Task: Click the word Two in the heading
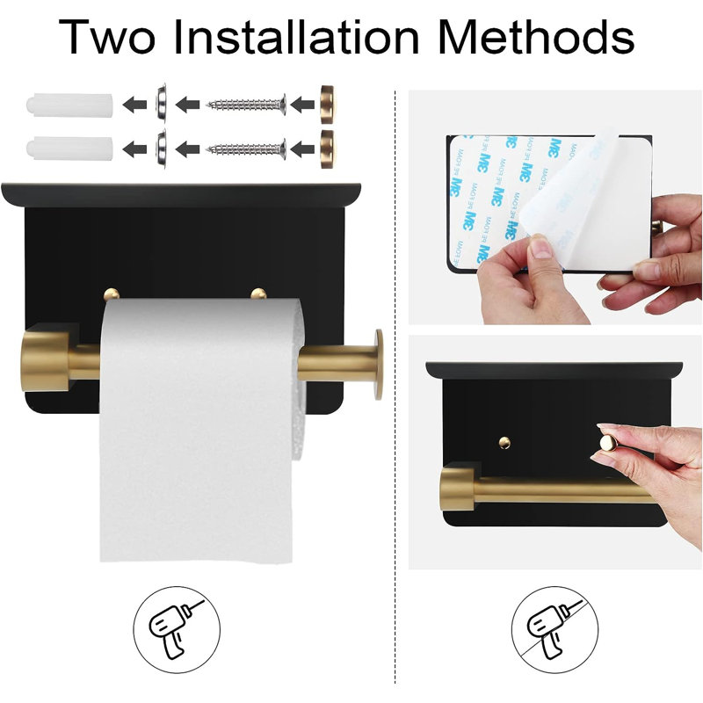point(106,37)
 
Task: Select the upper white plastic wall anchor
point(69,105)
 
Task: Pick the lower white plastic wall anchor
point(69,149)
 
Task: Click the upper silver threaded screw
point(246,105)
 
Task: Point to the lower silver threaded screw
point(246,149)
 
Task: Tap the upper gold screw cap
point(327,105)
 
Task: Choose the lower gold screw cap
point(327,149)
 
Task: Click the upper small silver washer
point(161,103)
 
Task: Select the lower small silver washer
point(161,149)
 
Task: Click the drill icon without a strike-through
point(177,629)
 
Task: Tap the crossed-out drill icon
point(554,629)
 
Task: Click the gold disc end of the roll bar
point(379,365)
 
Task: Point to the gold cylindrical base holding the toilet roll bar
point(46,357)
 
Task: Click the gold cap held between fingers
point(608,444)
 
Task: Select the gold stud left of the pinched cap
point(504,443)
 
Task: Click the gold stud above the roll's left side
point(112,294)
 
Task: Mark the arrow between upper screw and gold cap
point(302,105)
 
